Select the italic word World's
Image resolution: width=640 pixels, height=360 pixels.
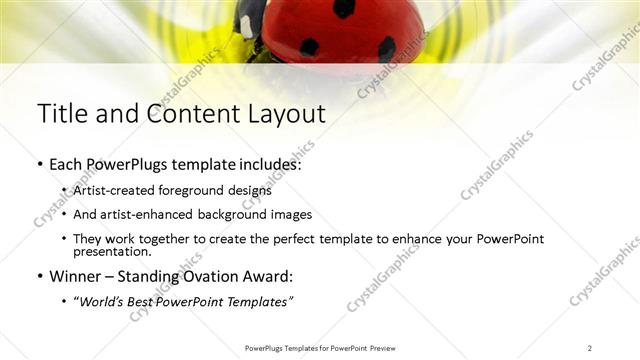coord(101,301)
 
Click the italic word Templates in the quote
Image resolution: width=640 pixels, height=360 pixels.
coord(259,301)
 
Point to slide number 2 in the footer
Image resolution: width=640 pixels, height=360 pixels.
coord(590,347)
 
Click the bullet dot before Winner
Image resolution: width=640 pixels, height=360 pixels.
coord(39,277)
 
